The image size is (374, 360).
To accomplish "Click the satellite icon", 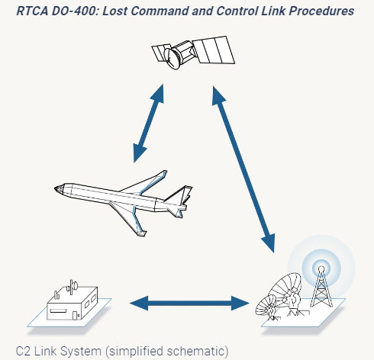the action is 193,52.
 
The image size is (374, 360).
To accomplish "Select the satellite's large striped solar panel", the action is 214,50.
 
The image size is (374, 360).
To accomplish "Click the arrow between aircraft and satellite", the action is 148,124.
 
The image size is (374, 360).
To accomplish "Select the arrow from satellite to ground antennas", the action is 243,169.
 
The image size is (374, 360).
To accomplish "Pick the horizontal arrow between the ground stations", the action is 189,303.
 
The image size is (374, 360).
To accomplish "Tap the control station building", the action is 73,303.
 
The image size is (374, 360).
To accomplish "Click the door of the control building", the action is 75,316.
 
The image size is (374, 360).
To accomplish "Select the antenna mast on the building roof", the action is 72,287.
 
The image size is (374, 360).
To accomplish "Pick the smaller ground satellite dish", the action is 266,307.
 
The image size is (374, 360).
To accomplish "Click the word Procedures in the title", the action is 321,11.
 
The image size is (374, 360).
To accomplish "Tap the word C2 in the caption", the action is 23,351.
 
